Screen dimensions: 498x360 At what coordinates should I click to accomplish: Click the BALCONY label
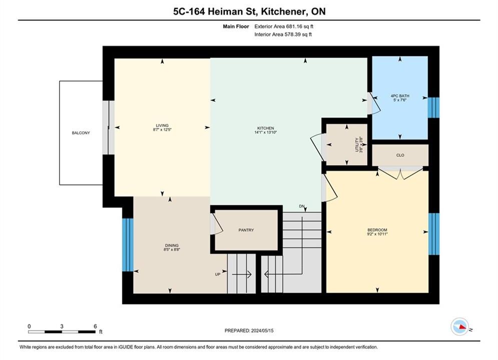tap(81, 133)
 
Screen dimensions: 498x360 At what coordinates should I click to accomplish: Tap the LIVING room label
tap(162, 125)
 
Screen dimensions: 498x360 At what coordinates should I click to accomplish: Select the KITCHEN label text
tap(265, 128)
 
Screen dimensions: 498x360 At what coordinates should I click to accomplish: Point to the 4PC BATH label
tap(400, 96)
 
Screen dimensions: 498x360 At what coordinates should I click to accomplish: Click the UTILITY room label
tap(357, 144)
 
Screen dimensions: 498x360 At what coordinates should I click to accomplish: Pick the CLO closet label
tap(400, 155)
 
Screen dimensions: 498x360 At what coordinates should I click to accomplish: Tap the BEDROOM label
tap(377, 230)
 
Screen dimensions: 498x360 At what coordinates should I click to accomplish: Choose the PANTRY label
tap(246, 230)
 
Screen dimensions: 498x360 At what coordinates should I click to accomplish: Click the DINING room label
tap(172, 245)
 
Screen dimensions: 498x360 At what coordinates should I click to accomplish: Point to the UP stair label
tap(218, 274)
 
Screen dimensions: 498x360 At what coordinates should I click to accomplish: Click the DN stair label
tap(302, 206)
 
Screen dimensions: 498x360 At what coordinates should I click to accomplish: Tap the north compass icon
tap(459, 326)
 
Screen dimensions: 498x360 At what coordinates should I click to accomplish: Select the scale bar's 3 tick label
tap(62, 326)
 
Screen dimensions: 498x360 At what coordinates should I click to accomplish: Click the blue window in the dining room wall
tap(128, 245)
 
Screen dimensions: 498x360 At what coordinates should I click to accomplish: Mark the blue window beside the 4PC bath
tap(433, 107)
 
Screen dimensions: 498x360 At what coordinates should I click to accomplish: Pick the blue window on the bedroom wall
tap(434, 234)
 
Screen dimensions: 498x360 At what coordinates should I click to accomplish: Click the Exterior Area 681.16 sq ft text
tap(284, 26)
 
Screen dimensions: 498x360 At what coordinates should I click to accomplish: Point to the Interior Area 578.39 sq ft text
tap(283, 34)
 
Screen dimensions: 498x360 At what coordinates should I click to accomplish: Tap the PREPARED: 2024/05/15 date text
tap(249, 330)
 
